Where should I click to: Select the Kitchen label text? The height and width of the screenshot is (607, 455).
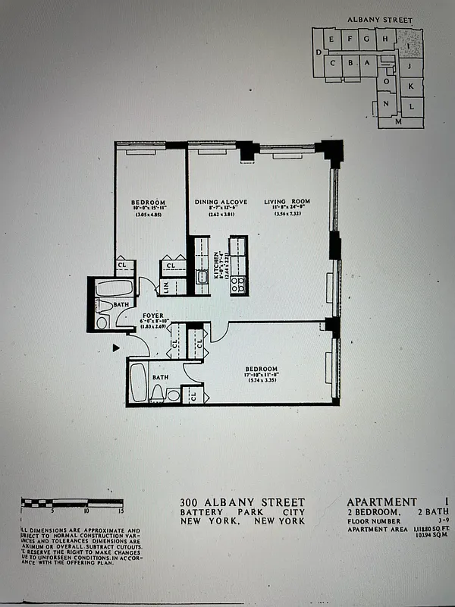[216, 265]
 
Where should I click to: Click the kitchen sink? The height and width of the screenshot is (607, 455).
[201, 278]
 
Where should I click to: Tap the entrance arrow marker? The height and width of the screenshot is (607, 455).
[116, 348]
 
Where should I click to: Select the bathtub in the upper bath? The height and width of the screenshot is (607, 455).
[115, 289]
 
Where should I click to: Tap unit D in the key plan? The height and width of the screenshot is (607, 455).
[317, 52]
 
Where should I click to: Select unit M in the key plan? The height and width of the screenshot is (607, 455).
[397, 121]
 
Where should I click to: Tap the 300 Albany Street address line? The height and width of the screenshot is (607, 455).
[243, 502]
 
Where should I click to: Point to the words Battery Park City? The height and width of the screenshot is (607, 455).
[243, 514]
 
